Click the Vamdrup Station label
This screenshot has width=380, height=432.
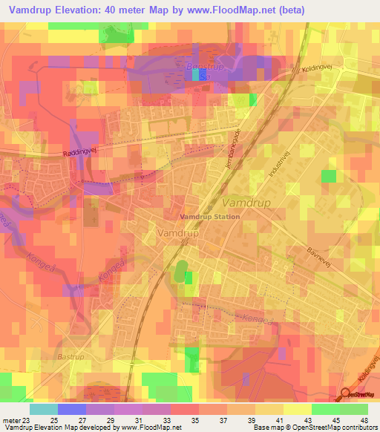pyautogui.click(x=210, y=217)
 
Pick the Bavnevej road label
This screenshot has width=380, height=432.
pyautogui.click(x=318, y=254)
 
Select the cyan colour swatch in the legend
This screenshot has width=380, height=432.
pyautogui.click(x=44, y=409)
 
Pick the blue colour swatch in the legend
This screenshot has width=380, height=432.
pyautogui.click(x=72, y=409)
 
